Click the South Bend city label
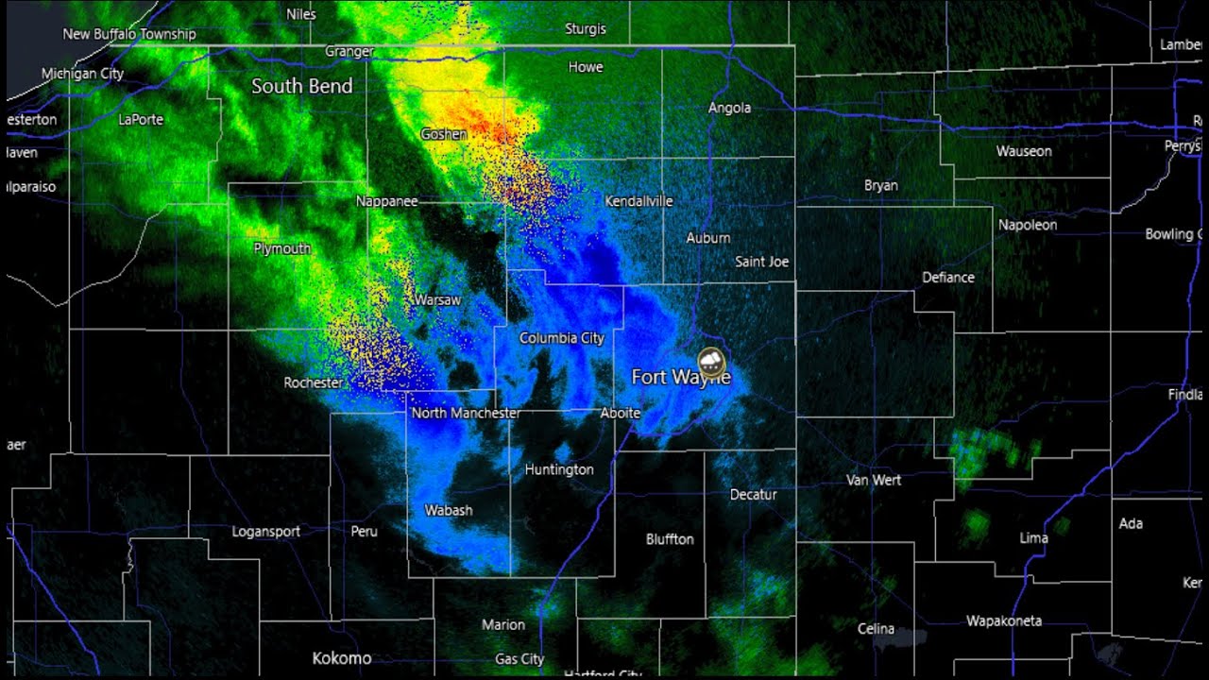(x=301, y=86)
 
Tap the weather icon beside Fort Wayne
(x=711, y=361)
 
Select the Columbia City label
(x=561, y=338)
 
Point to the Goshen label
(x=443, y=134)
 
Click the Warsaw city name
(x=437, y=300)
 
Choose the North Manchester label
(x=466, y=413)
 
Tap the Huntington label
(x=559, y=469)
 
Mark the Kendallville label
(x=639, y=201)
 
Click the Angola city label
(x=729, y=109)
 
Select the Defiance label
(x=948, y=278)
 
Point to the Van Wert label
(x=874, y=480)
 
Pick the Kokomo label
(x=342, y=658)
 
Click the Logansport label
(x=266, y=532)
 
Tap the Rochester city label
(x=313, y=382)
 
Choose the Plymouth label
(x=281, y=248)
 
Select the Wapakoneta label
(x=1004, y=620)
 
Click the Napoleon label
(x=1028, y=225)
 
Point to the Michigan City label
(x=82, y=74)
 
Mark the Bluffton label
(x=670, y=539)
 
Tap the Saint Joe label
(x=761, y=262)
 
